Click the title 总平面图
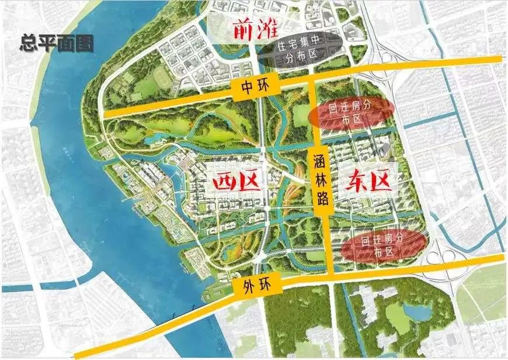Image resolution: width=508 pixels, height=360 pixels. tap(57, 44)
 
